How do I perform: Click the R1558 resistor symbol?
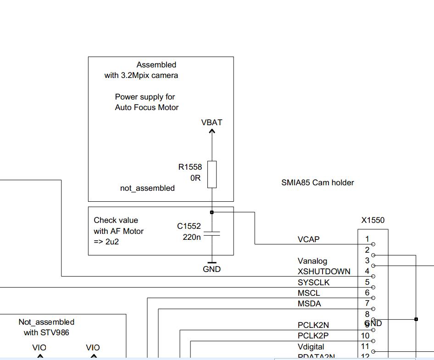tap(211, 174)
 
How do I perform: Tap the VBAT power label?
tap(211, 122)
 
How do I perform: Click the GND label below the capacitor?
tap(211, 269)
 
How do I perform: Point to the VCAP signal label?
tap(309, 239)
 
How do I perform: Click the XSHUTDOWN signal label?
tap(324, 271)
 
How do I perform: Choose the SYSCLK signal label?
tap(313, 282)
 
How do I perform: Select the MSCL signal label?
tap(309, 293)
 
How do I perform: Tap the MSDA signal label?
tap(309, 304)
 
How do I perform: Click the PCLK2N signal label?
tap(313, 325)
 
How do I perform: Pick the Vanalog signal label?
tap(312, 261)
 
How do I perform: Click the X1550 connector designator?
tap(373, 220)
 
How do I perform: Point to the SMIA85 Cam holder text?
tap(317, 183)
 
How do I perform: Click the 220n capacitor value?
tap(192, 237)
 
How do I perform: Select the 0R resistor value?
tap(196, 178)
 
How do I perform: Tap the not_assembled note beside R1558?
tap(147, 188)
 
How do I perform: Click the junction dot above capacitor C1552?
tap(211, 212)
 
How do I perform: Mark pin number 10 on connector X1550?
tap(365, 336)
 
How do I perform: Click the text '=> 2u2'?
tap(106, 242)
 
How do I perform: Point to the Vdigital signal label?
tap(311, 347)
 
